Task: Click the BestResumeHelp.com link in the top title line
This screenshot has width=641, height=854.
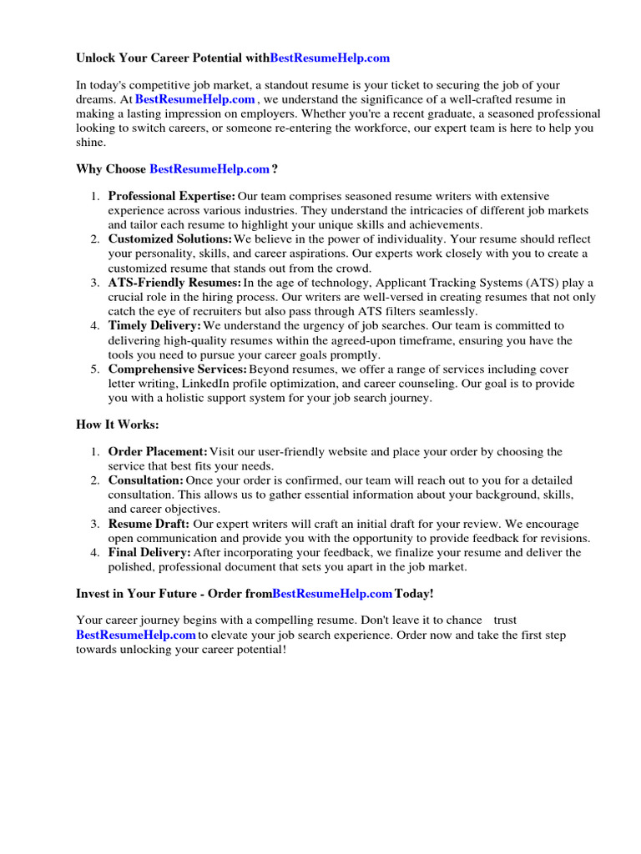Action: pyautogui.click(x=330, y=58)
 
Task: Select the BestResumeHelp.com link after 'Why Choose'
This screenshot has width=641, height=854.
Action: pyautogui.click(x=209, y=169)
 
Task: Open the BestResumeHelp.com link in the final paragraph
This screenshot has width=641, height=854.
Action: pyautogui.click(x=136, y=635)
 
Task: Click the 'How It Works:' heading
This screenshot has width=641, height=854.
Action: pyautogui.click(x=117, y=424)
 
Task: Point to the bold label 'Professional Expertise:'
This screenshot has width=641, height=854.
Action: pyautogui.click(x=172, y=196)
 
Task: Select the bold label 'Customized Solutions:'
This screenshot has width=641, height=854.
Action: pyautogui.click(x=170, y=239)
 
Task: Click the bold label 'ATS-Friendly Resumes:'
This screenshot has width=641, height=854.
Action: pyautogui.click(x=174, y=283)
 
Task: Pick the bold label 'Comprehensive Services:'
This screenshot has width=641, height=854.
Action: pyautogui.click(x=178, y=369)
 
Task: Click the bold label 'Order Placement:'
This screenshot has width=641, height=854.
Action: pyautogui.click(x=158, y=452)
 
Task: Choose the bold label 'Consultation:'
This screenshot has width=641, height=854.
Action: pyautogui.click(x=146, y=481)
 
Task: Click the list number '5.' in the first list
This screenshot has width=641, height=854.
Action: pyautogui.click(x=95, y=369)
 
